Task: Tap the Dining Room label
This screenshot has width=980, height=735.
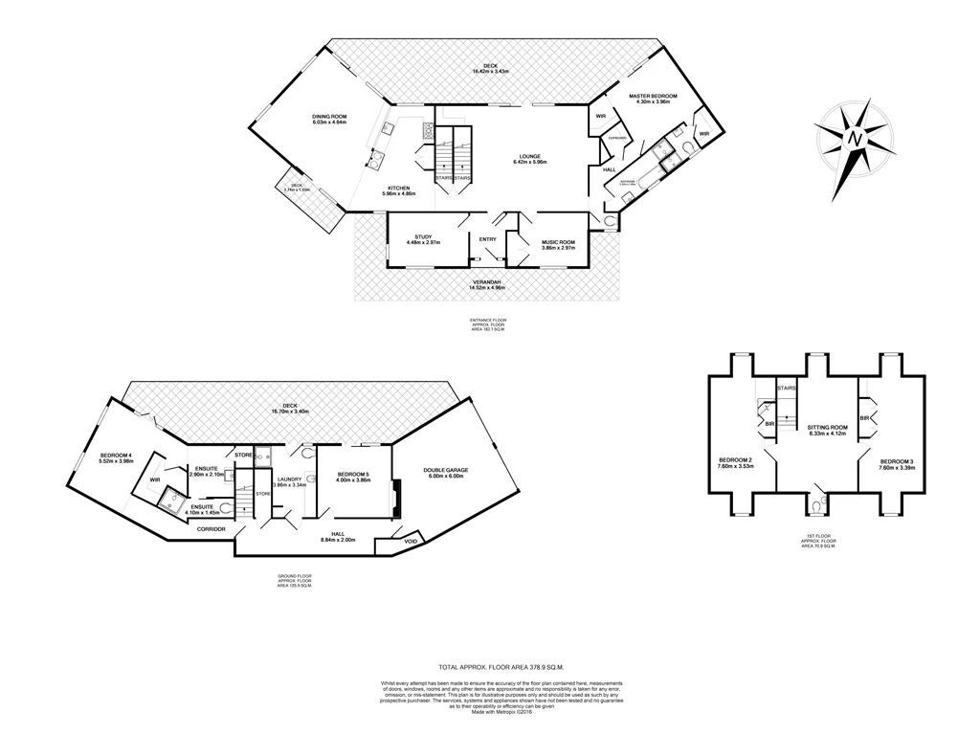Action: point(328,116)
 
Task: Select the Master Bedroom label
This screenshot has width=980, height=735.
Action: point(653,97)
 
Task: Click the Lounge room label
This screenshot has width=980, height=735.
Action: point(530,156)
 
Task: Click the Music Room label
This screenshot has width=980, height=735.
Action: point(558,243)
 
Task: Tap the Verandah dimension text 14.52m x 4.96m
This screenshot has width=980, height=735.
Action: point(490,287)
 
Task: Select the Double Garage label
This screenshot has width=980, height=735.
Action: point(443,469)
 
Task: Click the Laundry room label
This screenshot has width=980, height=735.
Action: point(289,479)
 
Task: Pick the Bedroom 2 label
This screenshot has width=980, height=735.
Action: point(736,461)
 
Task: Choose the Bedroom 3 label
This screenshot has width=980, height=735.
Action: point(898,462)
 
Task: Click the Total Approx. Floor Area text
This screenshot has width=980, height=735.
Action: point(501,666)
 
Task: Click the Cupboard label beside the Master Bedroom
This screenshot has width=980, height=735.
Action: point(617,138)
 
